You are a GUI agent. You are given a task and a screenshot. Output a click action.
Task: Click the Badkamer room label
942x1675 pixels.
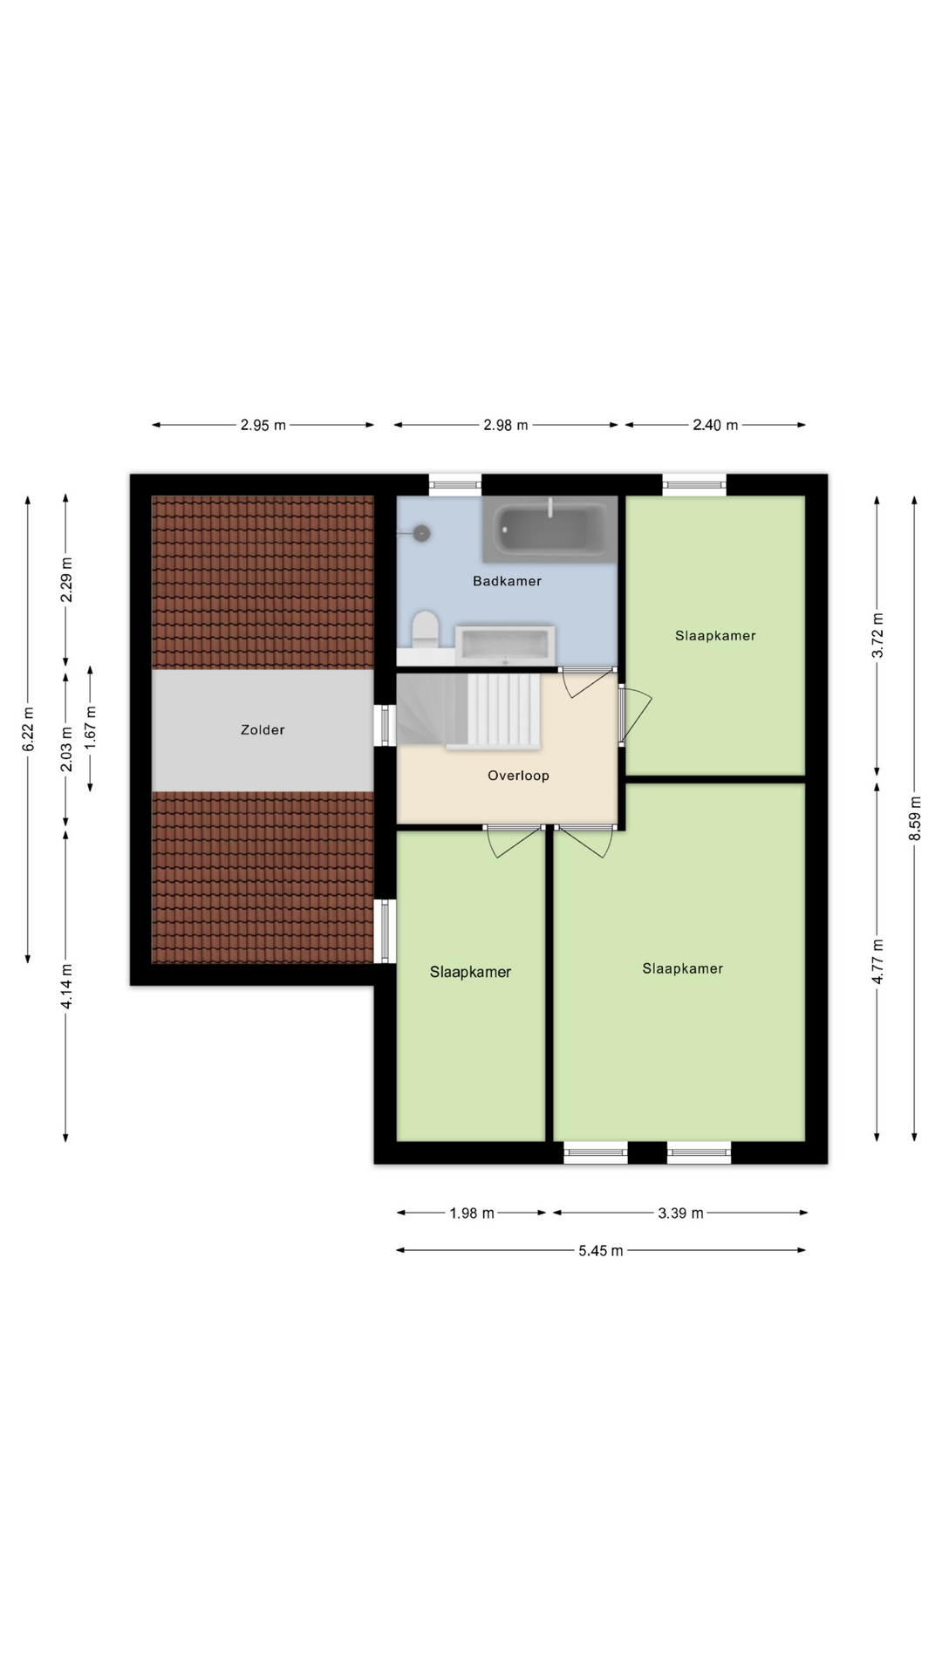[507, 581]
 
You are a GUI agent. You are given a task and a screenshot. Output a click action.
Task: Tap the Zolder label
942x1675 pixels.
[263, 730]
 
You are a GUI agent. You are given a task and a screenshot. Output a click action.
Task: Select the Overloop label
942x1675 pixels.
[518, 776]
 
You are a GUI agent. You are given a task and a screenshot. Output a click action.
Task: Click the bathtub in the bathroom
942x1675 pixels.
[549, 530]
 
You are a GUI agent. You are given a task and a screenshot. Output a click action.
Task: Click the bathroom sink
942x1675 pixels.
[505, 645]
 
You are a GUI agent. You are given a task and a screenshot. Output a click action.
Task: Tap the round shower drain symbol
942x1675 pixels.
[423, 533]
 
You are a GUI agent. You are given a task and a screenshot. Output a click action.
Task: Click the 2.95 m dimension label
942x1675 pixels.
[263, 426]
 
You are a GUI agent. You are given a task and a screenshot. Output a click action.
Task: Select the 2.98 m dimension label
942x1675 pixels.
[506, 426]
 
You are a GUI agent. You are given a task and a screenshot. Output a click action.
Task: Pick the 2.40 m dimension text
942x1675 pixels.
[715, 426]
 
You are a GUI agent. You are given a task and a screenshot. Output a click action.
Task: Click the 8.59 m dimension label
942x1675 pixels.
[915, 819]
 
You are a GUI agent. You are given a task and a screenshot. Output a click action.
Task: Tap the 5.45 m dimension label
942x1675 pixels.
[601, 1251]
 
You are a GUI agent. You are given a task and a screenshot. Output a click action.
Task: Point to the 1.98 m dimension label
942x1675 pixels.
[472, 1214]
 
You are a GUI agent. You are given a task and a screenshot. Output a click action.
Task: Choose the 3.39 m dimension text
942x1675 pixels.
[680, 1214]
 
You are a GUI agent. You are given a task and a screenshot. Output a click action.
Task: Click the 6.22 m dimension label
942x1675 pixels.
[28, 729]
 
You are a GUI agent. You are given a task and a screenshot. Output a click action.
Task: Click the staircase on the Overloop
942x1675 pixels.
[469, 710]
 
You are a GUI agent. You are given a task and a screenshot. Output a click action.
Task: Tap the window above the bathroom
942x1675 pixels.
[455, 484]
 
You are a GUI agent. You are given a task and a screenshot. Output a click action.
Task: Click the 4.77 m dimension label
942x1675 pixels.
[877, 962]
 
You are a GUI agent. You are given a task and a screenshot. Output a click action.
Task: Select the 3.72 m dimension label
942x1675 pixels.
[877, 636]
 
